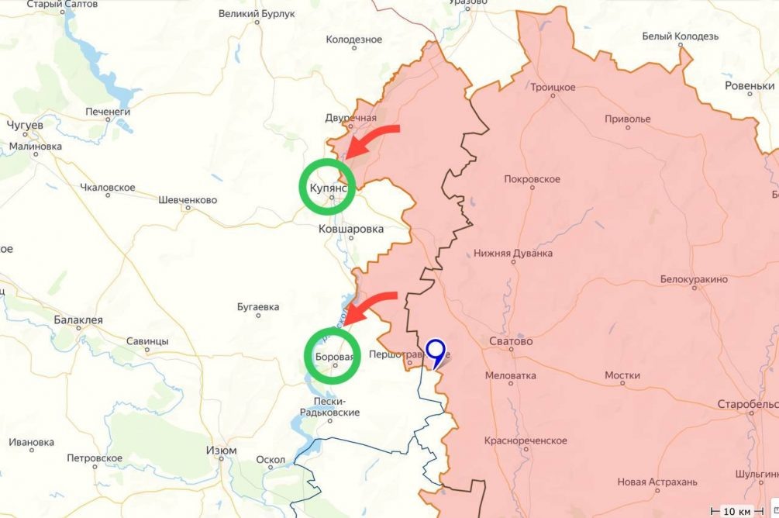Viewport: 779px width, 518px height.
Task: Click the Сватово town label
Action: click(511, 340)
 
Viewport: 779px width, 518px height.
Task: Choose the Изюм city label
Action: click(221, 451)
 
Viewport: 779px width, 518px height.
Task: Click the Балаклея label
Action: click(78, 319)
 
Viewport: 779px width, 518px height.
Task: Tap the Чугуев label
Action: click(25, 125)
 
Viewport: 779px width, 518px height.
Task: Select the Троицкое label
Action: click(553, 88)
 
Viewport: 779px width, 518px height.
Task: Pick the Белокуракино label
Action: click(694, 279)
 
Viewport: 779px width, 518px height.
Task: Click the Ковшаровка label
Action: click(351, 229)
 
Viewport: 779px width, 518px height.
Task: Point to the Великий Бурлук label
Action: click(257, 13)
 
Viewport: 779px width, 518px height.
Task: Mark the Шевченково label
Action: click(187, 200)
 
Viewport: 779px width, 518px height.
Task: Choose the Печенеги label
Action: click(108, 112)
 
